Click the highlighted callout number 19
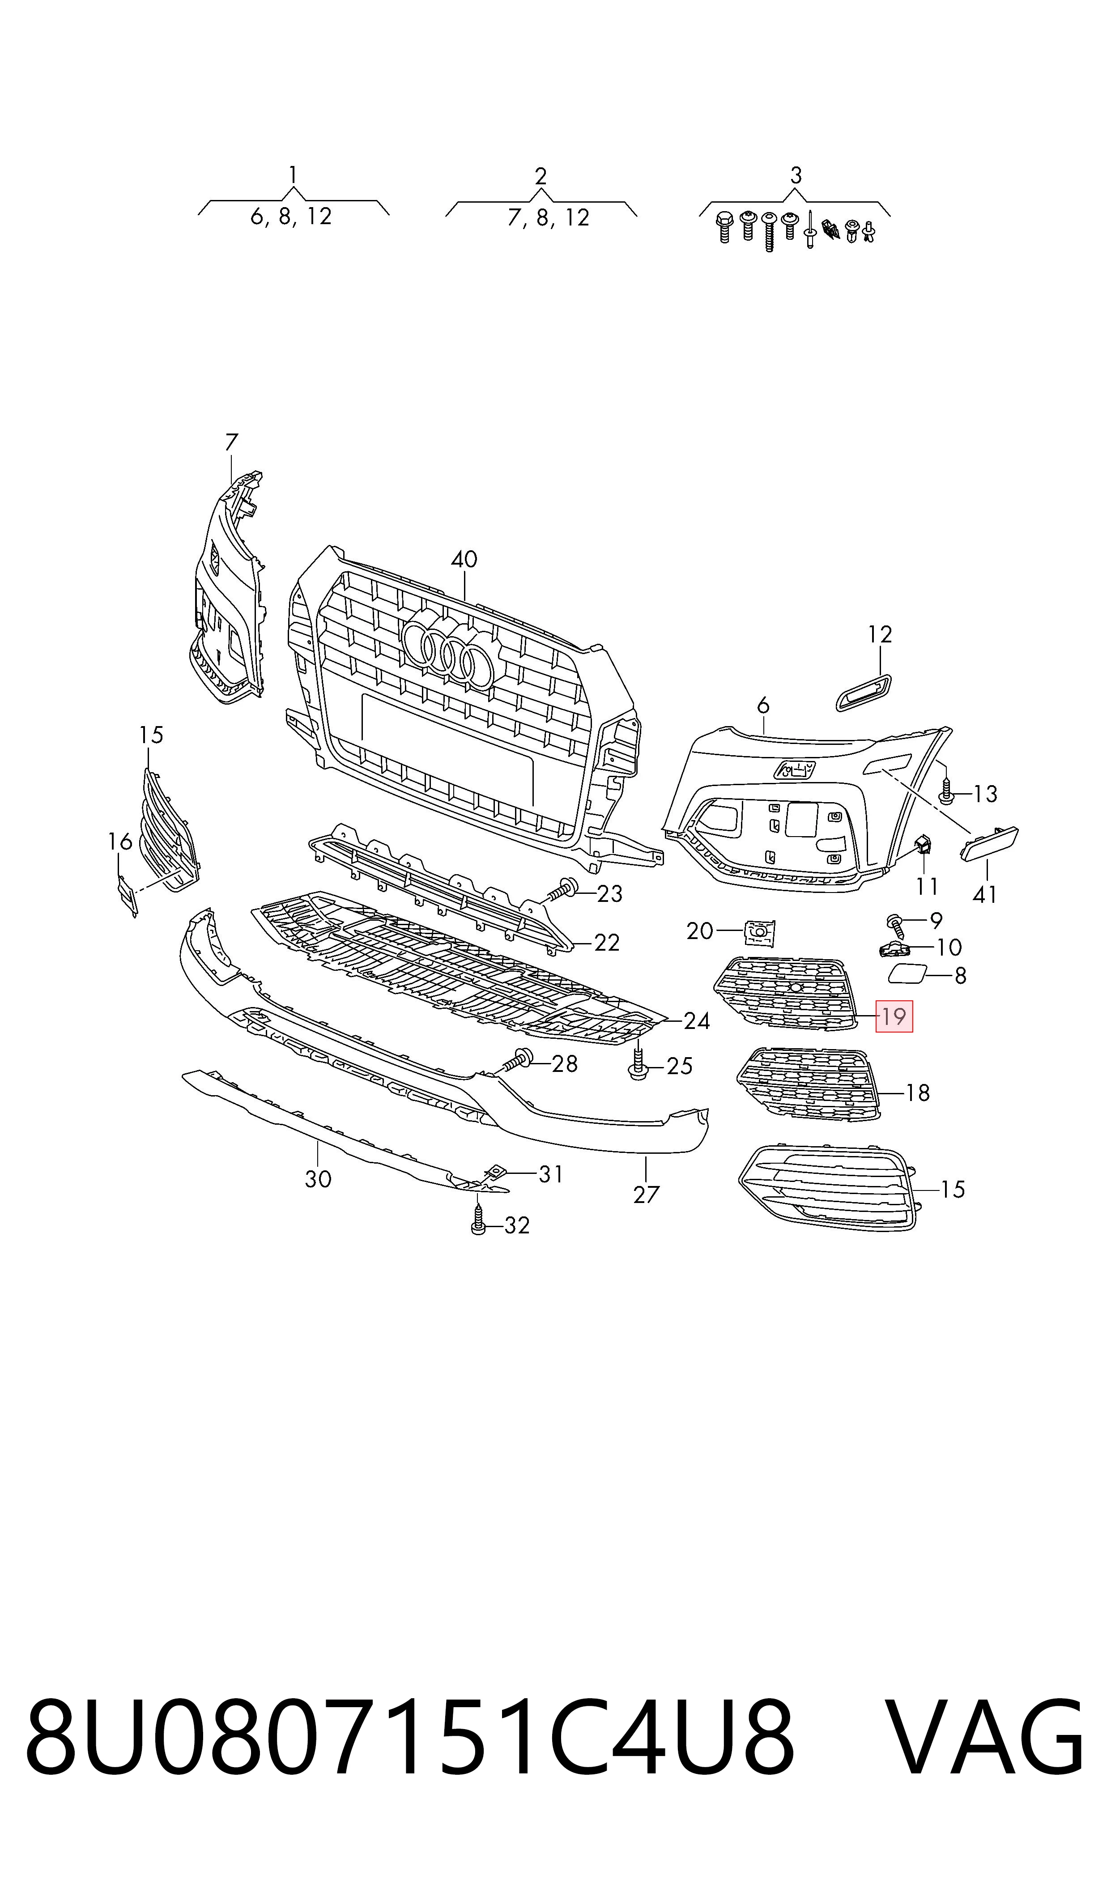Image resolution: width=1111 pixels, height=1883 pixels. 894,1016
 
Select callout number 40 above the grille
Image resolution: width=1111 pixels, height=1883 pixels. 464,559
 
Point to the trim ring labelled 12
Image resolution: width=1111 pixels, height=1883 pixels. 864,689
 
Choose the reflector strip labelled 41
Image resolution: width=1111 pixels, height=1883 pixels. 990,843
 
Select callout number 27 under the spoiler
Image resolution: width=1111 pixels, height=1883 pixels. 646,1194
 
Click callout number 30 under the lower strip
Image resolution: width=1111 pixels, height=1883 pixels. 318,1179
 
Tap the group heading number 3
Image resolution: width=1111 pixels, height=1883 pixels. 796,176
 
